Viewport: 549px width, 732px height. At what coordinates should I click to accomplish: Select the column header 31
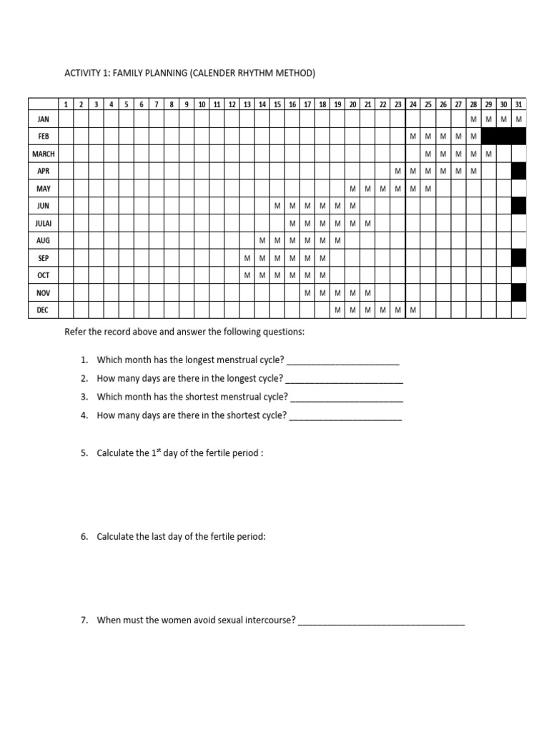click(x=518, y=104)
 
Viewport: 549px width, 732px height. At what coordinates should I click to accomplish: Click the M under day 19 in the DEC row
click(x=337, y=310)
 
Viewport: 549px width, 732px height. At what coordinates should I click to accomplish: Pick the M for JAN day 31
click(x=518, y=119)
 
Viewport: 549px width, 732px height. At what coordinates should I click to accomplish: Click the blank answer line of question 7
click(x=381, y=621)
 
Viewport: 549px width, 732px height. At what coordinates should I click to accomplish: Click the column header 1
click(x=66, y=104)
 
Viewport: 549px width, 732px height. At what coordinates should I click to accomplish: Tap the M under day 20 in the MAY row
click(x=352, y=189)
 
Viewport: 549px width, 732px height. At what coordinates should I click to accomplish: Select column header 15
click(x=277, y=104)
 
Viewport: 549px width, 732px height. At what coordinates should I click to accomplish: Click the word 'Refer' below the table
click(x=76, y=332)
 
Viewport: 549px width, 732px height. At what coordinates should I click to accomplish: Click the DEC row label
click(x=43, y=310)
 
